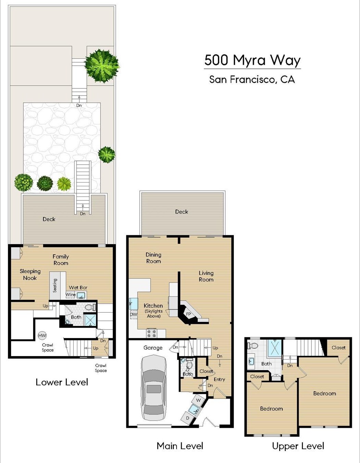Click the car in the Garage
(154, 389)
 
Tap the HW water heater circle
(42, 336)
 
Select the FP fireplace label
(188, 314)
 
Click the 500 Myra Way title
(252, 60)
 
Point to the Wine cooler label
(70, 295)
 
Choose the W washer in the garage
(198, 400)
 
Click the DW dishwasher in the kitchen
(133, 314)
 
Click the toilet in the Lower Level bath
(90, 307)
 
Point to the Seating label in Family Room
(55, 285)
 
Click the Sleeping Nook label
(30, 274)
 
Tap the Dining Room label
(154, 258)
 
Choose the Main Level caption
(180, 446)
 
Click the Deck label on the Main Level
(182, 212)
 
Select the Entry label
(219, 379)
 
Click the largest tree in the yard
(102, 66)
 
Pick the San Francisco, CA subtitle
(252, 79)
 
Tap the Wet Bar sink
(81, 296)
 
